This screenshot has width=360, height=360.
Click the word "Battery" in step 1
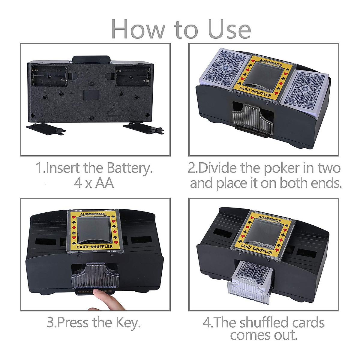(x=131, y=168)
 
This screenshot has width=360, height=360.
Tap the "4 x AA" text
(x=94, y=183)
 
